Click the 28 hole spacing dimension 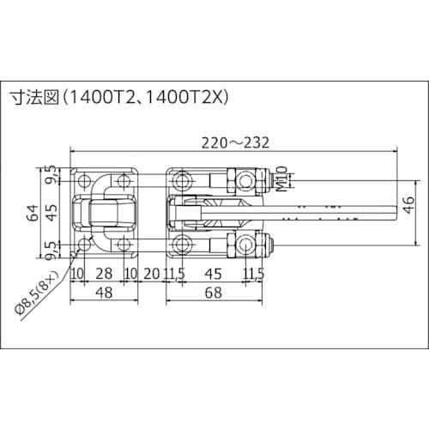click(103, 274)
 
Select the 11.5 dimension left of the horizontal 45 click(175, 274)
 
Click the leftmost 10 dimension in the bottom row click(76, 274)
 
